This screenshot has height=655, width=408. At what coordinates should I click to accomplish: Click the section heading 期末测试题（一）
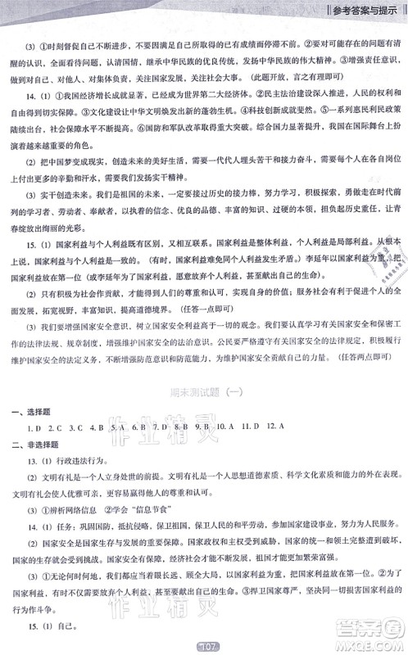pos(205,393)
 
